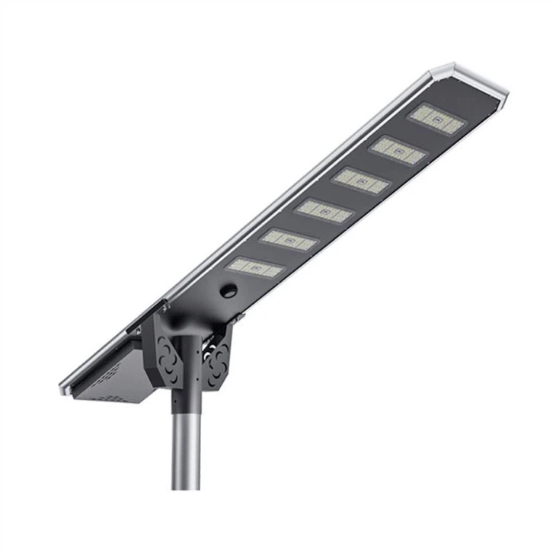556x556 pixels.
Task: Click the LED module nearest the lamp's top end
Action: [436, 119]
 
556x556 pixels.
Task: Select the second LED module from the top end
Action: [399, 150]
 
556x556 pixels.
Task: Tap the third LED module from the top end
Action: [362, 181]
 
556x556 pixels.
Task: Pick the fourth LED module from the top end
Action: [325, 211]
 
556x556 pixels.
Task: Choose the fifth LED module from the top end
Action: [288, 241]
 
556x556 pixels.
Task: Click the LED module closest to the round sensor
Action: [256, 268]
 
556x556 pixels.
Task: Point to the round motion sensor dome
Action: [226, 290]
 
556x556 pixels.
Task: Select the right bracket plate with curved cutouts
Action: [216, 357]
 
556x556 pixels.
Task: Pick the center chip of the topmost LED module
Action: [436, 119]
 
